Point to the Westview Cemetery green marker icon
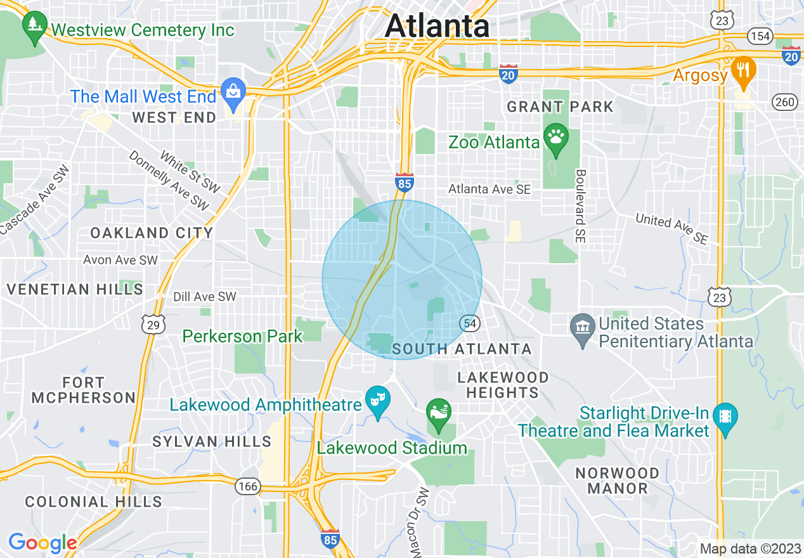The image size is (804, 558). [x=32, y=27]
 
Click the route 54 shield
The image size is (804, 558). [x=470, y=323]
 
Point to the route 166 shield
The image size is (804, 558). [x=247, y=486]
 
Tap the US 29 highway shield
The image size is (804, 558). [x=153, y=324]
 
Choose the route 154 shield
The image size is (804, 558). [x=760, y=36]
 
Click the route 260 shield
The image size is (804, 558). [x=785, y=101]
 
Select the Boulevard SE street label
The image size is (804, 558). [x=580, y=207]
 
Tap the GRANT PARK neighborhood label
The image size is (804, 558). [x=560, y=107]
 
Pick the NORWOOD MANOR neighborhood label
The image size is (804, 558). [x=617, y=481]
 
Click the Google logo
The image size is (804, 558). [x=42, y=543]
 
